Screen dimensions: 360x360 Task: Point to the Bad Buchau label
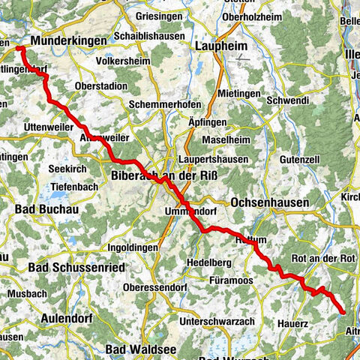(x=45, y=204)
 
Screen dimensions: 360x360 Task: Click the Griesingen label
(x=160, y=15)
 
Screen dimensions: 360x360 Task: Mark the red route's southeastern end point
(x=343, y=311)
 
